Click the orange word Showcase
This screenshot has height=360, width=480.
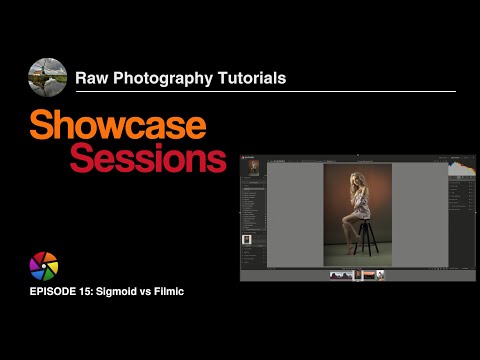tap(118, 125)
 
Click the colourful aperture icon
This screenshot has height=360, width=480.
tap(44, 266)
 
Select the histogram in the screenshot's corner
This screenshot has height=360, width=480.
tap(460, 166)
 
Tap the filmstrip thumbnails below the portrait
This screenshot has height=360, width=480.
tap(357, 275)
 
